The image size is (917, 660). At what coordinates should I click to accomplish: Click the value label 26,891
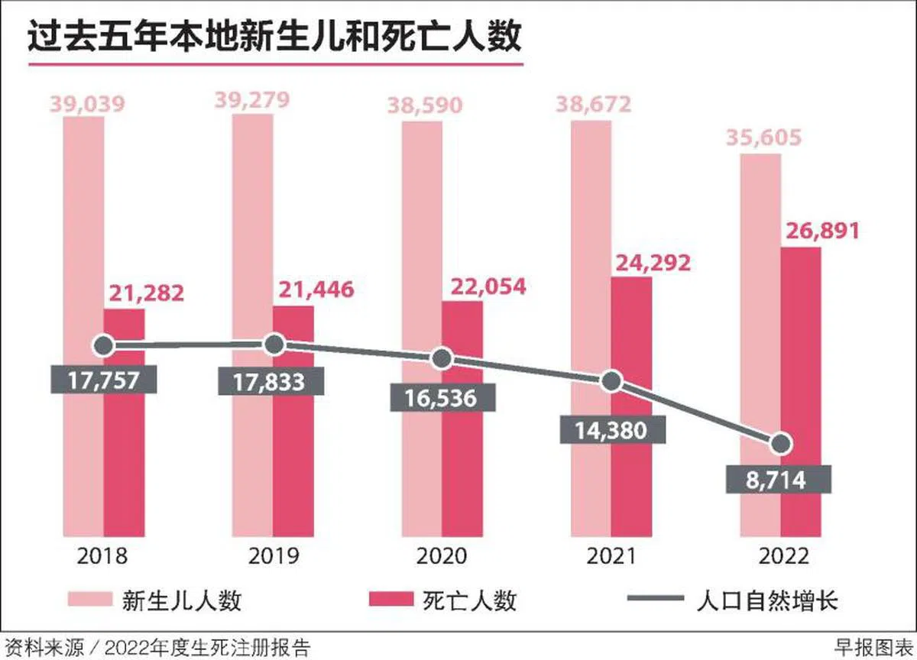tap(820, 231)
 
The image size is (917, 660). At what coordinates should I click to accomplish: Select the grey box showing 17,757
tap(104, 380)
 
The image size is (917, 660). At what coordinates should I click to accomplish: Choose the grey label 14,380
tap(612, 429)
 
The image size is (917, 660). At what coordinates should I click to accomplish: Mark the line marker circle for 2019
tap(274, 345)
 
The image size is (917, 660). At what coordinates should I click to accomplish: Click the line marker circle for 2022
tap(780, 444)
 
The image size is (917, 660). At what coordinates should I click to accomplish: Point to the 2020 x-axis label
tap(442, 556)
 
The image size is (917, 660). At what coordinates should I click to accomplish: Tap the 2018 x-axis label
tap(103, 556)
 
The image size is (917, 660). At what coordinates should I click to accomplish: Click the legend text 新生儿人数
tap(182, 600)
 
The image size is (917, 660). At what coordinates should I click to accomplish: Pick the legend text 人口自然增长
tap(768, 600)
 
